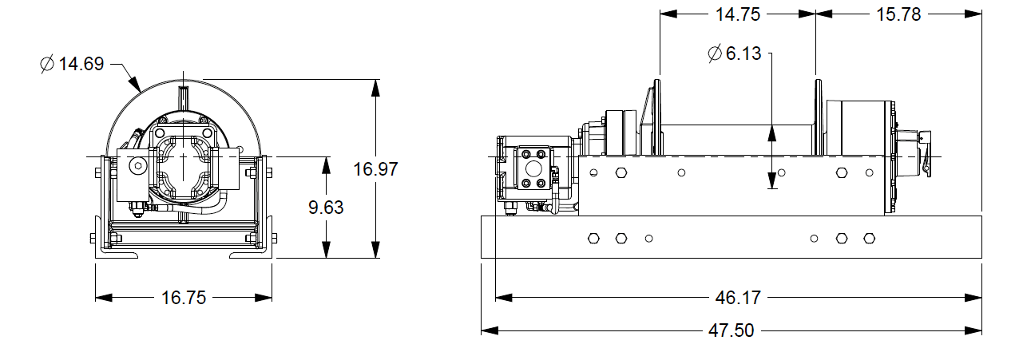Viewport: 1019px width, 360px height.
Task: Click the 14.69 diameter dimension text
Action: point(81,64)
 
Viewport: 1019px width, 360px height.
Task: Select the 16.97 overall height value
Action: point(375,168)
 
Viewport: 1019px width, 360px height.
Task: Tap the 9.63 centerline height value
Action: point(326,207)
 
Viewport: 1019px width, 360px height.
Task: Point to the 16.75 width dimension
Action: point(184,298)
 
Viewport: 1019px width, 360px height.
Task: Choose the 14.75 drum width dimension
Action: point(737,14)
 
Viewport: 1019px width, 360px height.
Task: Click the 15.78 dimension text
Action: point(899,14)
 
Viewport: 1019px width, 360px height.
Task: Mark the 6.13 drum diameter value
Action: point(743,54)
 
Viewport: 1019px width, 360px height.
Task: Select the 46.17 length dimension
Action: point(739,298)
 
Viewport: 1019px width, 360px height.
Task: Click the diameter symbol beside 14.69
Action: point(47,64)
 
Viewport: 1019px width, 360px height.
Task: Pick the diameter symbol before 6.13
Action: point(714,54)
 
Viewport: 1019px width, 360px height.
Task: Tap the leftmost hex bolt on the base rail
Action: point(593,238)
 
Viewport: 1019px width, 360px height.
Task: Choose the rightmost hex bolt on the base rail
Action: point(869,238)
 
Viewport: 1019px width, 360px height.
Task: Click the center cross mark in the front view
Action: point(184,158)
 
